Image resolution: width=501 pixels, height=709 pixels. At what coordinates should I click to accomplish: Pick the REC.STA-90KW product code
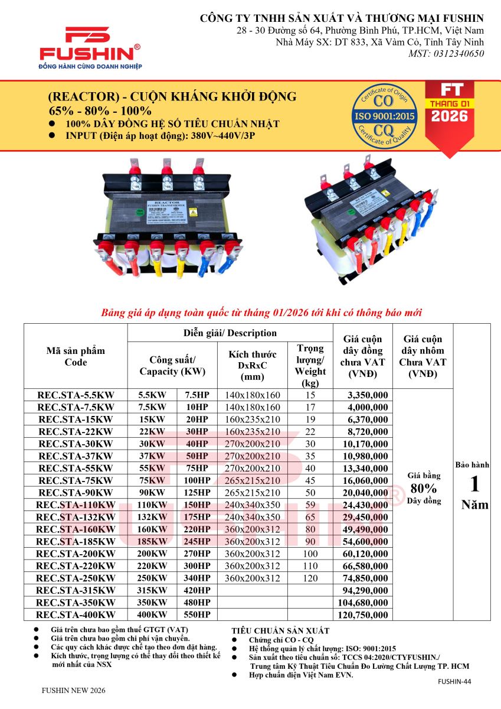76,493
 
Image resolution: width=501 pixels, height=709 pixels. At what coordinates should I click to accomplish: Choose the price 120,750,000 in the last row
362,615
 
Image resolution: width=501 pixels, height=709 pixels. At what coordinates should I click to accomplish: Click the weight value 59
310,505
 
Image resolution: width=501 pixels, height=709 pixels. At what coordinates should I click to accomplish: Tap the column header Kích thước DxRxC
253,365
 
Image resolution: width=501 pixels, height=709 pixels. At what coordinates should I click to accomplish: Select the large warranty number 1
474,484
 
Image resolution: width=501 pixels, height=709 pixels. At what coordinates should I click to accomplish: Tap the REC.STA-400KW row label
76,615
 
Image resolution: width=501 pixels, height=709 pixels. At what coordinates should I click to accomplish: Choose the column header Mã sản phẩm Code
76,356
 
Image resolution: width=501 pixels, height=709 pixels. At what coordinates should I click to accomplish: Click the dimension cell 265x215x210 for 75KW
253,480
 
